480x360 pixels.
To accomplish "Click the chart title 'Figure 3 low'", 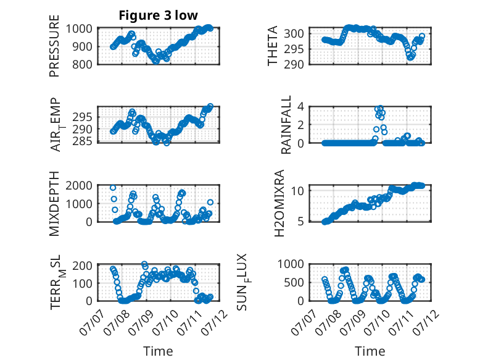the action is pos(159,15).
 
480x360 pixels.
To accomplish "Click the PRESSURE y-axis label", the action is pos(54,46).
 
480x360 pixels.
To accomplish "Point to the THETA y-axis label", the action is pos(272,46).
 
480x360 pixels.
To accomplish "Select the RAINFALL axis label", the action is pos(286,125).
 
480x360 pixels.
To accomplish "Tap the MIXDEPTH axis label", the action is pos(54,204).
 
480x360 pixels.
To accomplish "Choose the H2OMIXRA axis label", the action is pos(279,203).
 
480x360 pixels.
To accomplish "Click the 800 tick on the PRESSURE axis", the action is pos(81,65).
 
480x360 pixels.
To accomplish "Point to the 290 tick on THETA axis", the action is pos(293,65).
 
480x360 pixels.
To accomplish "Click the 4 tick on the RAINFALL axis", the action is pos(300,107).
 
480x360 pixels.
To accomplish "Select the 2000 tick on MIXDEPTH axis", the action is pos(79,185).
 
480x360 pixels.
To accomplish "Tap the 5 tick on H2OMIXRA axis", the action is pos(300,221).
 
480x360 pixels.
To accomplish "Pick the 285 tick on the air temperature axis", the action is pos(81,141).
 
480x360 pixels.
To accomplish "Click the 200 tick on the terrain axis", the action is pos(82,266).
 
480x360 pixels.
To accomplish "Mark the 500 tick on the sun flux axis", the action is pos(294,282).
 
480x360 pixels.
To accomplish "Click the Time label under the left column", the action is pos(158,351).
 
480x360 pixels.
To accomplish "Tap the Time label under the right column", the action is pos(370,351).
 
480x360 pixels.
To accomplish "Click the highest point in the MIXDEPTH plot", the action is pos(113,188).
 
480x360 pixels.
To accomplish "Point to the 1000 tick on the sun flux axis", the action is pos(290,264).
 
